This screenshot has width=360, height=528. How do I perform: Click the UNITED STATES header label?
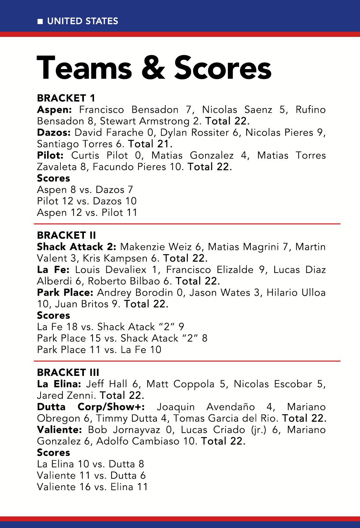click(x=82, y=21)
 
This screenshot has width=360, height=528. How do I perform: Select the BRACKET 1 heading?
click(x=66, y=98)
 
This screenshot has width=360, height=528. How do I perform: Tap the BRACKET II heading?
click(x=66, y=235)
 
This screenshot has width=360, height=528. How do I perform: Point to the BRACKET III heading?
click(x=68, y=373)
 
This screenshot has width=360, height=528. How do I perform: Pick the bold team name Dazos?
click(x=54, y=133)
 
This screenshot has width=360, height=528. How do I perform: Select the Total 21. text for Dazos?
click(x=150, y=144)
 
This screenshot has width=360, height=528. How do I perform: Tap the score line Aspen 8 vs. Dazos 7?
click(x=85, y=190)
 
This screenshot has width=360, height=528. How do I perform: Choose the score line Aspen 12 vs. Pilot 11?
click(x=87, y=212)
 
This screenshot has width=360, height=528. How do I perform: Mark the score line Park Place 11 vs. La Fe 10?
click(x=99, y=350)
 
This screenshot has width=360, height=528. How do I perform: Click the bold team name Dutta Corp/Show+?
click(x=91, y=407)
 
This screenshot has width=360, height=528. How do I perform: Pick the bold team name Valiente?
click(x=59, y=430)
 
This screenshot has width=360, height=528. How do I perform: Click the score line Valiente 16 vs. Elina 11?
click(x=92, y=487)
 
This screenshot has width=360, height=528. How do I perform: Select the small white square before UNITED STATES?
click(x=40, y=21)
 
